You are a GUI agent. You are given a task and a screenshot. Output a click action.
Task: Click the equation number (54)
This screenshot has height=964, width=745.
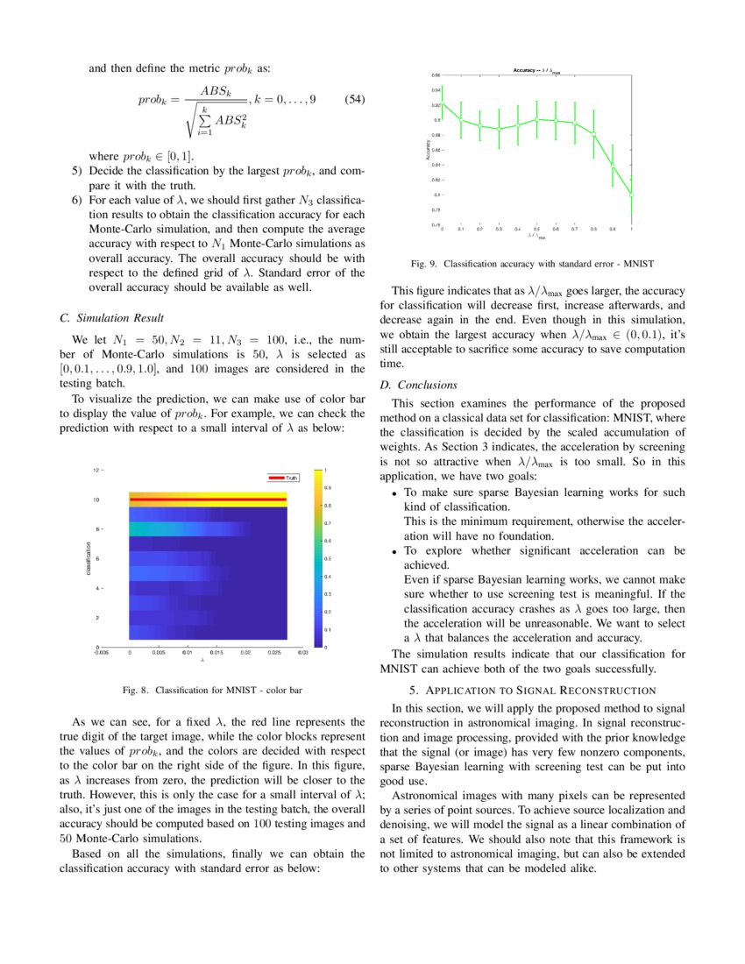click(351, 99)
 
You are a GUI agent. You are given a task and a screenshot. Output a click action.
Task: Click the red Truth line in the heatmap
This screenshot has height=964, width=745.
click(209, 500)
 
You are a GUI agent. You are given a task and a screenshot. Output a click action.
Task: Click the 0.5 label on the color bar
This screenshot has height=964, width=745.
click(329, 558)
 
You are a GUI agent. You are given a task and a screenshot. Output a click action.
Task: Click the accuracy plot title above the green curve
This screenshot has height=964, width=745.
click(536, 70)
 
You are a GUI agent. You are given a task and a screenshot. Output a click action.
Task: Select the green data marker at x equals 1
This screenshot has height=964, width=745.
click(631, 195)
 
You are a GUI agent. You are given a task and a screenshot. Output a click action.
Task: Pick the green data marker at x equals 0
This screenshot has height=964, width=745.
click(442, 104)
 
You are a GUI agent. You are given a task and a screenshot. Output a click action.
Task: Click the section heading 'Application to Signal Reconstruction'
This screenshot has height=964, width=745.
click(533, 691)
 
